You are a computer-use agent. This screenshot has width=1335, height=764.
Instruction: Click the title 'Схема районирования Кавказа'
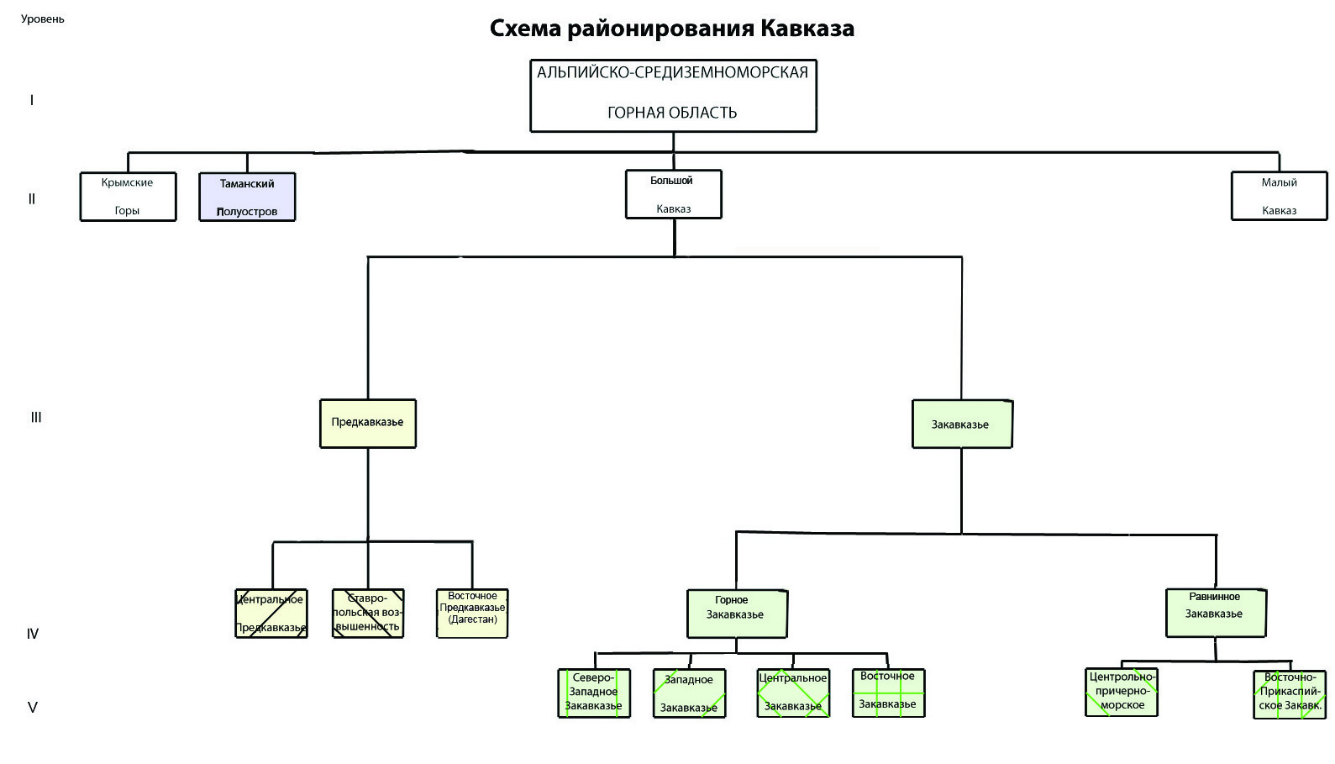click(x=671, y=29)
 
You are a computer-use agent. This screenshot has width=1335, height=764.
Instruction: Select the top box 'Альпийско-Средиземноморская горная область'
click(x=673, y=95)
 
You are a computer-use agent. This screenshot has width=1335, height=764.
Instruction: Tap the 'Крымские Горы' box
click(x=128, y=197)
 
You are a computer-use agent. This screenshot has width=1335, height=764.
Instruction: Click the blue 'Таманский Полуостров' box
click(x=247, y=197)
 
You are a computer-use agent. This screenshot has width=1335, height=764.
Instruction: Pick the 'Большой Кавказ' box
click(x=673, y=194)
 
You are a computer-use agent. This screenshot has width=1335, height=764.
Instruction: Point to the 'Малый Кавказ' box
click(x=1279, y=196)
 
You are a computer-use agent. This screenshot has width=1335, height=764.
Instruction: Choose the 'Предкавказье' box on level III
click(x=368, y=423)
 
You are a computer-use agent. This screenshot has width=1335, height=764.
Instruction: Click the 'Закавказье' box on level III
click(x=962, y=424)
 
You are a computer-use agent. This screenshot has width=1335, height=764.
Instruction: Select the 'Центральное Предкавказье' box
click(x=271, y=614)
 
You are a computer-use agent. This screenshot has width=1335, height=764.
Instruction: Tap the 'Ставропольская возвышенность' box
click(x=368, y=614)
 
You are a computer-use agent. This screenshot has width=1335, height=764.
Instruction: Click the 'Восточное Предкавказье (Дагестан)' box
click(x=472, y=613)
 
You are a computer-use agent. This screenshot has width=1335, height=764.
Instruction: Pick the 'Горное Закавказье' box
click(x=737, y=614)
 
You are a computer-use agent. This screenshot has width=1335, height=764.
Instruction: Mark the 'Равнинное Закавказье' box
click(x=1216, y=612)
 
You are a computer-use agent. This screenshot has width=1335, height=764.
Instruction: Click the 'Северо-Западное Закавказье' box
click(x=594, y=693)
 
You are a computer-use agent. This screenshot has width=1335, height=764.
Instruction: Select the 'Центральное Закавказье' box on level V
click(x=793, y=693)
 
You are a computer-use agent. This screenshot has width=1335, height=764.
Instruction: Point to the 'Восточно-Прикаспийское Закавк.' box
click(x=1290, y=693)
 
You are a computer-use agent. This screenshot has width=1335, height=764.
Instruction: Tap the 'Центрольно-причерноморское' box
click(x=1122, y=692)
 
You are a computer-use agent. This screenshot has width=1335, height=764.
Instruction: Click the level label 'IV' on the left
click(x=33, y=634)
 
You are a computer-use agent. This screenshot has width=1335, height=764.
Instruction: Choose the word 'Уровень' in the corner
click(x=43, y=18)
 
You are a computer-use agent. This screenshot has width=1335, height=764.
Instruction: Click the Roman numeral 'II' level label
click(x=32, y=199)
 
